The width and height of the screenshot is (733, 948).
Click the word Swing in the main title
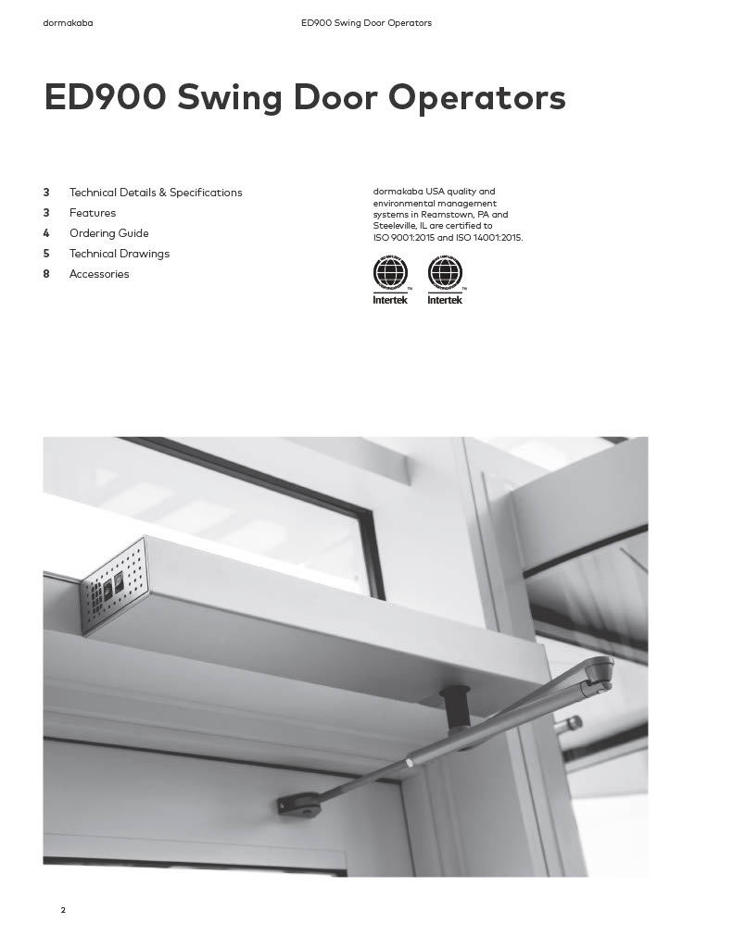229,98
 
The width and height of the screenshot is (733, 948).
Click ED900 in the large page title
103,98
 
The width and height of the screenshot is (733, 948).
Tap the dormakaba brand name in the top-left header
68,23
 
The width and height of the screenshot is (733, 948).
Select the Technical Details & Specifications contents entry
156,193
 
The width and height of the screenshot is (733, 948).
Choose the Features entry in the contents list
93,213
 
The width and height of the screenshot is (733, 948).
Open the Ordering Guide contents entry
108,233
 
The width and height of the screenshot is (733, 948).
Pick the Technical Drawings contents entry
120,254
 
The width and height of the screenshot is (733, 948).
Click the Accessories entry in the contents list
99,274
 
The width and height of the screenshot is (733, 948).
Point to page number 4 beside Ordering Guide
46,233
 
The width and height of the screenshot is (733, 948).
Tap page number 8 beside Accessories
46,274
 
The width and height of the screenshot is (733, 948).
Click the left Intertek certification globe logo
390,274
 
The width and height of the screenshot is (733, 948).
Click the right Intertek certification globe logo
445,274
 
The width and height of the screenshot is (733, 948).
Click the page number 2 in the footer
63,910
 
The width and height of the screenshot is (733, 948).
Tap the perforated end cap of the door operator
113,587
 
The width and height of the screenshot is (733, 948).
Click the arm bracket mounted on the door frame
299,805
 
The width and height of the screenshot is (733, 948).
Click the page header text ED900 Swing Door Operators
366,23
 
